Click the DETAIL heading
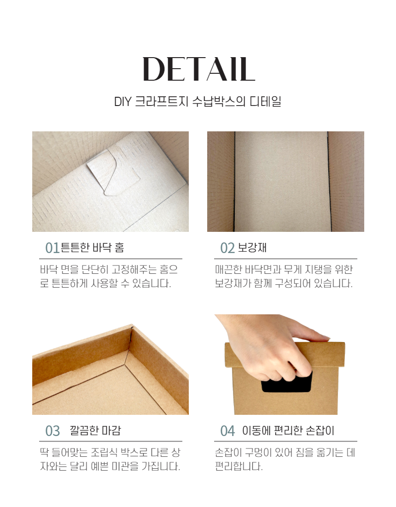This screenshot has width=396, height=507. click(198, 69)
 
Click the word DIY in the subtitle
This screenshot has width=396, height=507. click(122, 102)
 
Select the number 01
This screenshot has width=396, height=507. click(52, 248)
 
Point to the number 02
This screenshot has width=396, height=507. click(227, 248)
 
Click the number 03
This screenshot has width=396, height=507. click(52, 431)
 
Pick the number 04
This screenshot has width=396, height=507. click(227, 431)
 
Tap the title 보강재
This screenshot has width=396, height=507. click(252, 248)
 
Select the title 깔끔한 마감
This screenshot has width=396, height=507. click(95, 430)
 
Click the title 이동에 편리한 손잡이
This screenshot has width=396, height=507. click(288, 430)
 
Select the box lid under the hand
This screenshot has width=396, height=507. click(285, 355)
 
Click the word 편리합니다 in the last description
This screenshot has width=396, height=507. click(239, 466)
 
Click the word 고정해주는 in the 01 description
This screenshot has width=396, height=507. click(134, 269)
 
